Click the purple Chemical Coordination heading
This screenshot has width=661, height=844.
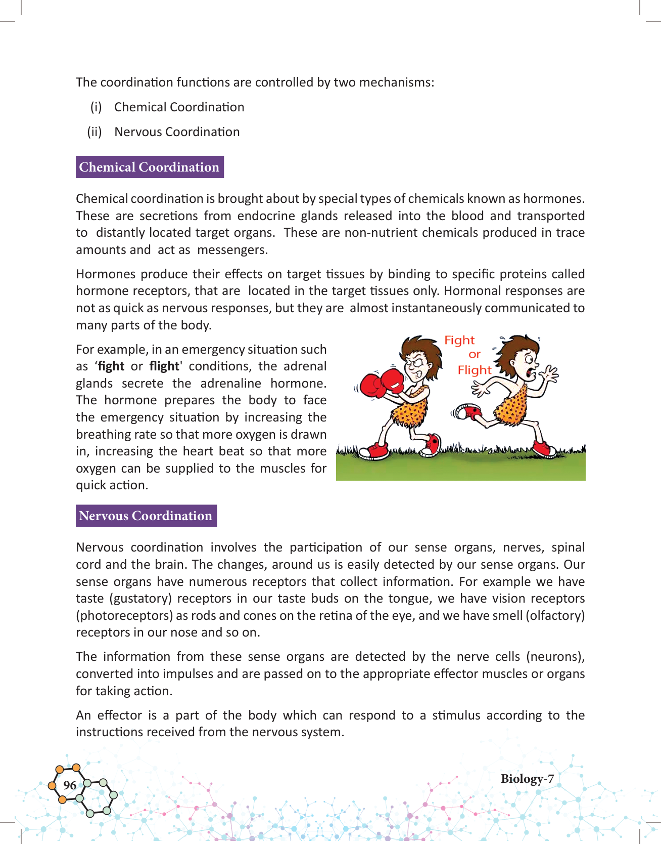pyautogui.click(x=149, y=167)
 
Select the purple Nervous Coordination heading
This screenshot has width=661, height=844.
pyautogui.click(x=146, y=516)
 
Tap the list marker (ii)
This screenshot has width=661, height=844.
pyautogui.click(x=95, y=132)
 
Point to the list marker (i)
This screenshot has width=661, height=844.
pyautogui.click(x=96, y=107)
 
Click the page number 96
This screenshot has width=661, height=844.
pyautogui.click(x=70, y=785)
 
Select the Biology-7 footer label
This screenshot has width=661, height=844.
pyautogui.click(x=527, y=779)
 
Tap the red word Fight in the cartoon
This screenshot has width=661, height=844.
pyautogui.click(x=459, y=340)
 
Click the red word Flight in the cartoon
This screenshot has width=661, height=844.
pyautogui.click(x=474, y=370)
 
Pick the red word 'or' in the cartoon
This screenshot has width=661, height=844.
pyautogui.click(x=474, y=355)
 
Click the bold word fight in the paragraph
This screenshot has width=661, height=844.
pyautogui.click(x=111, y=366)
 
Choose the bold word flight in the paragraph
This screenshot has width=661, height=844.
pyautogui.click(x=164, y=366)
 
